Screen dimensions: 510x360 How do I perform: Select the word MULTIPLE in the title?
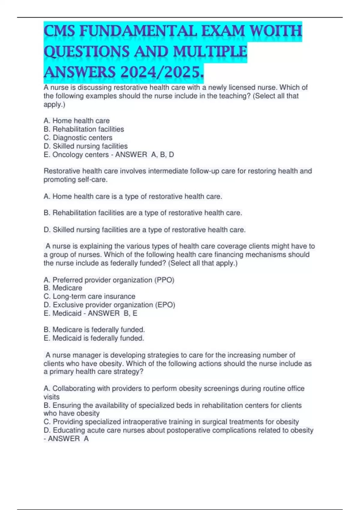[210, 51]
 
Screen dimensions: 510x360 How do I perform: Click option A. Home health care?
[76, 121]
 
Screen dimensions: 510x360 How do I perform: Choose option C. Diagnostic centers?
[78, 138]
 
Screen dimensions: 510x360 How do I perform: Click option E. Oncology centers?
[76, 155]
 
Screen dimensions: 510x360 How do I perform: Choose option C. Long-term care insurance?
[89, 296]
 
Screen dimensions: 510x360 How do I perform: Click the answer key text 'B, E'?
[130, 313]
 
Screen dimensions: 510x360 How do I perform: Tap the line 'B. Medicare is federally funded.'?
[94, 330]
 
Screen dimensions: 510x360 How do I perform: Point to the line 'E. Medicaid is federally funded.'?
[94, 338]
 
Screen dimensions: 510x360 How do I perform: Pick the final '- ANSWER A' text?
[66, 439]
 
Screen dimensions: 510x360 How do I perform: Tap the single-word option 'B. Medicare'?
[63, 288]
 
